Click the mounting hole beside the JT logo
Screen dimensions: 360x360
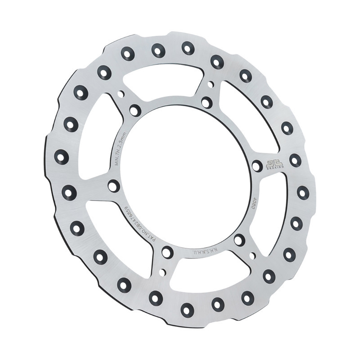click(x=257, y=166)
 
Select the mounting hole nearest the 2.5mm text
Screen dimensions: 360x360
click(x=135, y=110)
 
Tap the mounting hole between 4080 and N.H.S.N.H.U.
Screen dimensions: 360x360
click(x=239, y=240)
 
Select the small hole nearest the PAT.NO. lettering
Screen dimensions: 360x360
click(x=162, y=272)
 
